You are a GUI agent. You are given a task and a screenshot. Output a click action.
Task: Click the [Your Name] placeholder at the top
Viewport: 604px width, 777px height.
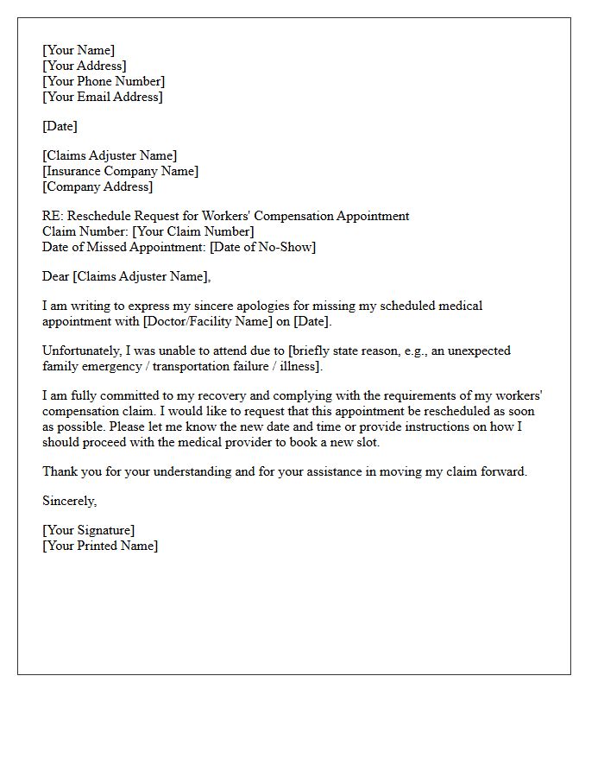(79, 51)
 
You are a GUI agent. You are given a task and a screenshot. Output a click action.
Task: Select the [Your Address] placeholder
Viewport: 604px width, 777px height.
(84, 66)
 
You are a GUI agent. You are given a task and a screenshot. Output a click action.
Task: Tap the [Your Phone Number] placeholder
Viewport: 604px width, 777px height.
(104, 82)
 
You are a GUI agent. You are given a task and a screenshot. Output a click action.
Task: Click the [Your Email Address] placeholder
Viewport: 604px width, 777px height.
(102, 98)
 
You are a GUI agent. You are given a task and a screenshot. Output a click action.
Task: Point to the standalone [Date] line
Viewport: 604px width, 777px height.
(60, 127)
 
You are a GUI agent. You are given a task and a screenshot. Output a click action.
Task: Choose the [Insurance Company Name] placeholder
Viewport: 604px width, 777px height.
(120, 172)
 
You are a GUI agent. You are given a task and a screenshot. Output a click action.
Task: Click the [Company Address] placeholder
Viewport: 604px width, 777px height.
(98, 187)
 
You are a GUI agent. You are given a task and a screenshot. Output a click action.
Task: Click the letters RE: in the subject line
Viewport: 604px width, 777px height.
(52, 217)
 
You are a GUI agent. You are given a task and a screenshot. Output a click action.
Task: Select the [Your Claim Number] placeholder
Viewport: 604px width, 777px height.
(193, 232)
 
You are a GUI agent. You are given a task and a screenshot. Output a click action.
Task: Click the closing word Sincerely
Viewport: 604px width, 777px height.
(69, 502)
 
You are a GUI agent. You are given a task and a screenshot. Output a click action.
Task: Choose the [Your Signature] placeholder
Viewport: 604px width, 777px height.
(89, 531)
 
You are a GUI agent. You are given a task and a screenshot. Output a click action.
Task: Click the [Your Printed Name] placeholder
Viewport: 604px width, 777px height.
(100, 546)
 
